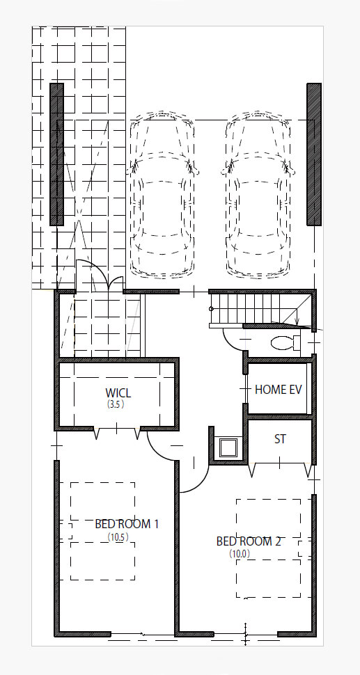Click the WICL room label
tap(118, 392)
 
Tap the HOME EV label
tap(279, 390)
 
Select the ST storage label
tap(280, 439)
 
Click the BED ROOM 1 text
tap(127, 524)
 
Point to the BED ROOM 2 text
tap(249, 541)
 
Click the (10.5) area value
tap(118, 537)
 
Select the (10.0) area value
tap(239, 554)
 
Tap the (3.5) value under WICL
tap(116, 404)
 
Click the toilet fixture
tap(286, 342)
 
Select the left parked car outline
tap(162, 195)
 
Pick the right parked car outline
tap(258, 195)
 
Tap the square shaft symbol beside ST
tap(228, 447)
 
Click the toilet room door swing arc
tap(228, 342)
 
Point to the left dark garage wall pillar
tap(56, 154)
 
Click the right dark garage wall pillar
tap(314, 154)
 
